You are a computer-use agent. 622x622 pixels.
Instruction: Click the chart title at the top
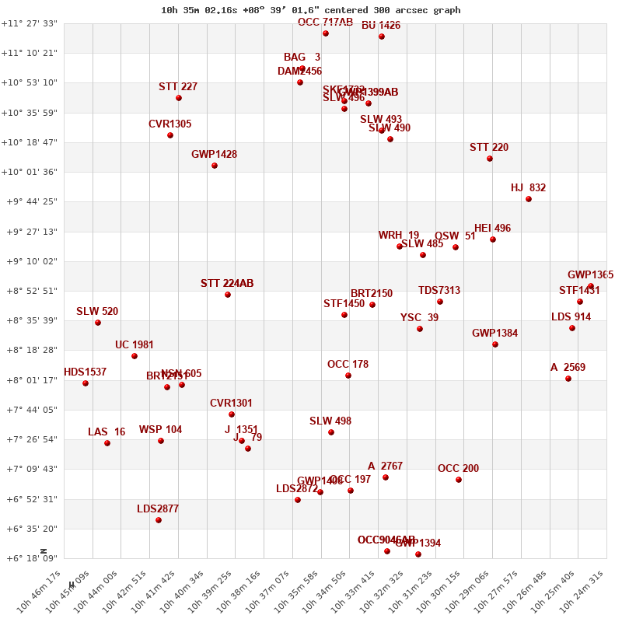click(310, 10)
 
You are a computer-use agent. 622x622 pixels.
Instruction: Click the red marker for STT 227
click(179, 98)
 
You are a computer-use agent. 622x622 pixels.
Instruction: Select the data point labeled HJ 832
click(529, 199)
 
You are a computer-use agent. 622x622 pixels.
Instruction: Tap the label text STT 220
click(489, 148)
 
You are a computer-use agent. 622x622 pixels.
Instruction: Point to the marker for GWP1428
click(215, 166)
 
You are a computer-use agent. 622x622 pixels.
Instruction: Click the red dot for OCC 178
click(348, 376)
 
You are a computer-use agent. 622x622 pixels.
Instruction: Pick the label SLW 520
click(97, 312)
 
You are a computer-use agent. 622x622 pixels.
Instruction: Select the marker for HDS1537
click(86, 383)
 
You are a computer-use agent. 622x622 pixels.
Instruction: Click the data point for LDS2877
click(159, 520)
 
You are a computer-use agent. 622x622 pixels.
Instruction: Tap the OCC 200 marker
click(459, 480)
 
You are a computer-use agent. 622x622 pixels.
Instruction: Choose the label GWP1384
click(494, 334)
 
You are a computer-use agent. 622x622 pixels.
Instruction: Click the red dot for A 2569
click(568, 379)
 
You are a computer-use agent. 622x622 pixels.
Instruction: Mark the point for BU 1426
click(382, 37)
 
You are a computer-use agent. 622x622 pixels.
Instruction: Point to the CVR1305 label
click(169, 124)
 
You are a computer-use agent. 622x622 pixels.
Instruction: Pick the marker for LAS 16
click(107, 443)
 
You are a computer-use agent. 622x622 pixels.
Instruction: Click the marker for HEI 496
click(493, 239)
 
